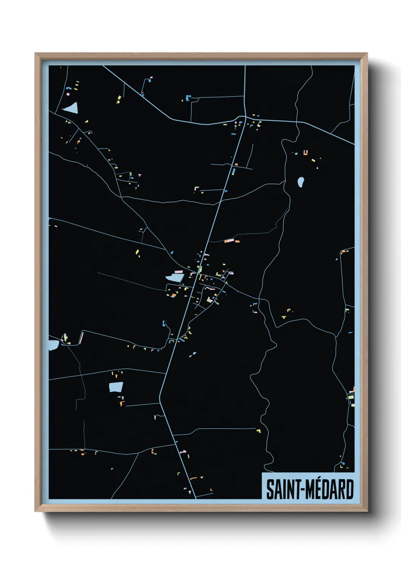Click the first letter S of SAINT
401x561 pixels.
[270, 489]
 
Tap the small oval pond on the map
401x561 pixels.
[301, 182]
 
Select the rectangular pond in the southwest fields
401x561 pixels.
[116, 387]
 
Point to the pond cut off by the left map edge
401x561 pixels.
[53, 345]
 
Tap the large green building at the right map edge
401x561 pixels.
[351, 397]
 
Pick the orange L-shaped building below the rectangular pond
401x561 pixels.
[122, 403]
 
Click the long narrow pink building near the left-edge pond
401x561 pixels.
[81, 338]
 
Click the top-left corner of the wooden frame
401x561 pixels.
[36, 54]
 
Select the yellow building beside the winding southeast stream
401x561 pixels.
[259, 431]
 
